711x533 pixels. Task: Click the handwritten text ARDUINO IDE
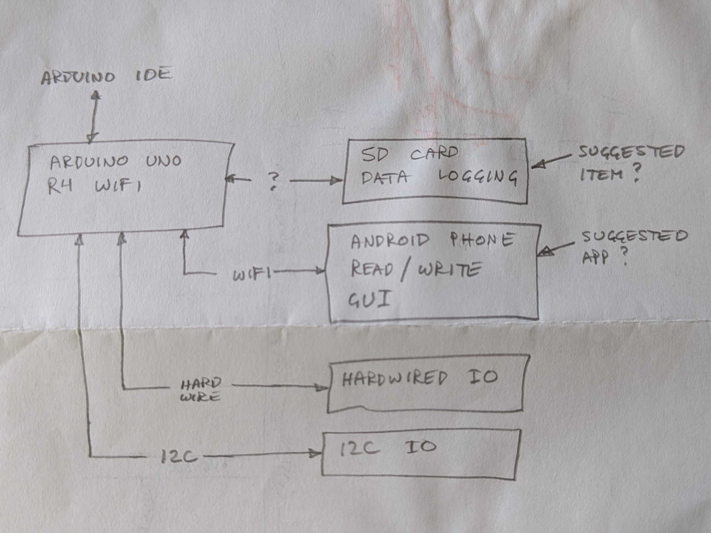coord(107,76)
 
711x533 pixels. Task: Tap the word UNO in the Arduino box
coord(163,161)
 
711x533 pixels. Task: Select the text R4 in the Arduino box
coord(60,186)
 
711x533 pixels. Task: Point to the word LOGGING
coord(478,177)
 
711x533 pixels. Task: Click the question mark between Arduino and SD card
coord(273,181)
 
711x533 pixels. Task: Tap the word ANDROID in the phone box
coord(390,241)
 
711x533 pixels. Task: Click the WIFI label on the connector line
coord(251,274)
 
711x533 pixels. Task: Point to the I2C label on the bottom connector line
coord(179,457)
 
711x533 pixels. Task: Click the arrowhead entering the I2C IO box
coord(316,453)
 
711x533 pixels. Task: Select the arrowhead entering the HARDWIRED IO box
coord(321,388)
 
